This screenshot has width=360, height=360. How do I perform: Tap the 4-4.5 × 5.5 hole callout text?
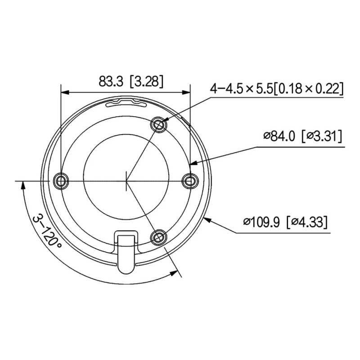[242, 88]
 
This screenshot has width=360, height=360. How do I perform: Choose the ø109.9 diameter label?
[262, 222]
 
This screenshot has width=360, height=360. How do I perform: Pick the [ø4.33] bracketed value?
[309, 222]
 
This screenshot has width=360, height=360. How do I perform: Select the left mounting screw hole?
[61, 180]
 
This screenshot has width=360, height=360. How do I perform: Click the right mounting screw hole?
[189, 180]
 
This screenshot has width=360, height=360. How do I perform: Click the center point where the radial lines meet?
[126, 180]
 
